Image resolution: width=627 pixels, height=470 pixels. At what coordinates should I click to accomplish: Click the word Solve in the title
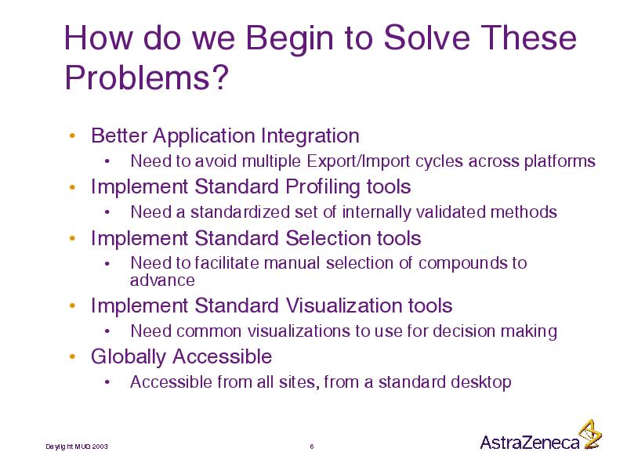426,38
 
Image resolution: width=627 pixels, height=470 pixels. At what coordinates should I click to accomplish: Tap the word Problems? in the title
147,78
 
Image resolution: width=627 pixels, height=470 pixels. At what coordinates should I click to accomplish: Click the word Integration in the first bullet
310,136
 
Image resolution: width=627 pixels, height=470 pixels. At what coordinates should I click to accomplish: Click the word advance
162,280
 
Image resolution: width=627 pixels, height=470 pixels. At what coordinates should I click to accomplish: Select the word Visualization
343,305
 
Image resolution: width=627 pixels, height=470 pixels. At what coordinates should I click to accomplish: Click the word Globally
128,357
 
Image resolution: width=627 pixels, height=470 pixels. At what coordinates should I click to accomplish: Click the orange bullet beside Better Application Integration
72,136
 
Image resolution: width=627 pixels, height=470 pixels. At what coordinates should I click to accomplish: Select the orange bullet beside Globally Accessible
72,356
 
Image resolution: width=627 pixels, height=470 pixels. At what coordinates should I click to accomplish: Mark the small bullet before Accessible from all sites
107,382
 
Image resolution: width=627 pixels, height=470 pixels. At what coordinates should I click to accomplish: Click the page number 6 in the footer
312,446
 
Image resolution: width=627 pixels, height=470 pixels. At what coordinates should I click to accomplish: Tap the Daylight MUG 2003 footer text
77,446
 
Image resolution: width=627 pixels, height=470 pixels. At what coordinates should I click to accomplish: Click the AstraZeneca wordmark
530,442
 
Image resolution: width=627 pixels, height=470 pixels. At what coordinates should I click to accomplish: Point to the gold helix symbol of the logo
591,435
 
